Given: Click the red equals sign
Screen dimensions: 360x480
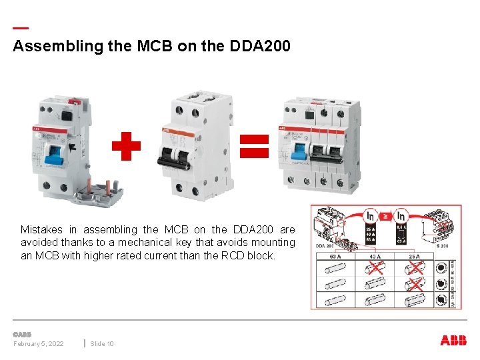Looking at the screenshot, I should [x=254, y=145].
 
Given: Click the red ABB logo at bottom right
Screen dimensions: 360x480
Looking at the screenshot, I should [x=453, y=341].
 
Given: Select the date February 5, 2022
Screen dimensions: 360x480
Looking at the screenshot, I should [x=39, y=343].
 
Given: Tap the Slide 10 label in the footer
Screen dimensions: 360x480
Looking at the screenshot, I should [x=102, y=343].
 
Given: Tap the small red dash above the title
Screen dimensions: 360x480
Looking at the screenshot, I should [x=21, y=29].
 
